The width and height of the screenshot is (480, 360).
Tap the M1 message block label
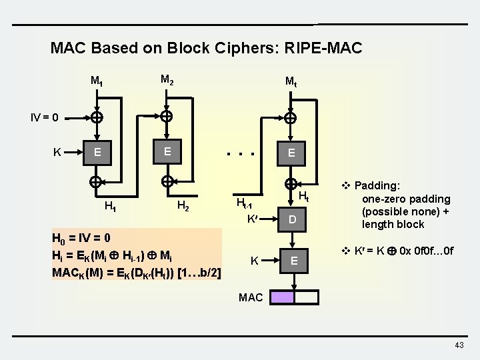[97, 82]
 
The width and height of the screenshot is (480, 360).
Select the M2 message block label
[167, 81]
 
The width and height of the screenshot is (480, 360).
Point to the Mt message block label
[291, 82]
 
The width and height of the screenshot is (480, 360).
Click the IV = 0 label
[45, 118]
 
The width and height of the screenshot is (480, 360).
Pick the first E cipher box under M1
[98, 152]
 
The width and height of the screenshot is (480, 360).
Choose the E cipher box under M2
[167, 151]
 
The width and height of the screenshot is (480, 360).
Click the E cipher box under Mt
[291, 153]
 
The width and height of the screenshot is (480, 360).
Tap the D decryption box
[291, 219]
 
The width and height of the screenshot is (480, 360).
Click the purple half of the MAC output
[282, 297]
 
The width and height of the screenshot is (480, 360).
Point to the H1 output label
[111, 206]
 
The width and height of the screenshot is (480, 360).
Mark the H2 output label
[183, 206]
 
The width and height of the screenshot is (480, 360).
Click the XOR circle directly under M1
[97, 118]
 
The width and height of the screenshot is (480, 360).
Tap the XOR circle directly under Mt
[291, 119]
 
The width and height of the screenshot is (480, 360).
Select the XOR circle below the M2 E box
[167, 181]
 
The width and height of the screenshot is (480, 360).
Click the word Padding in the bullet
[375, 186]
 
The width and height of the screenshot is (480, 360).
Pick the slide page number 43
[459, 345]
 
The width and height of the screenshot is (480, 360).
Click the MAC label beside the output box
[251, 297]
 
